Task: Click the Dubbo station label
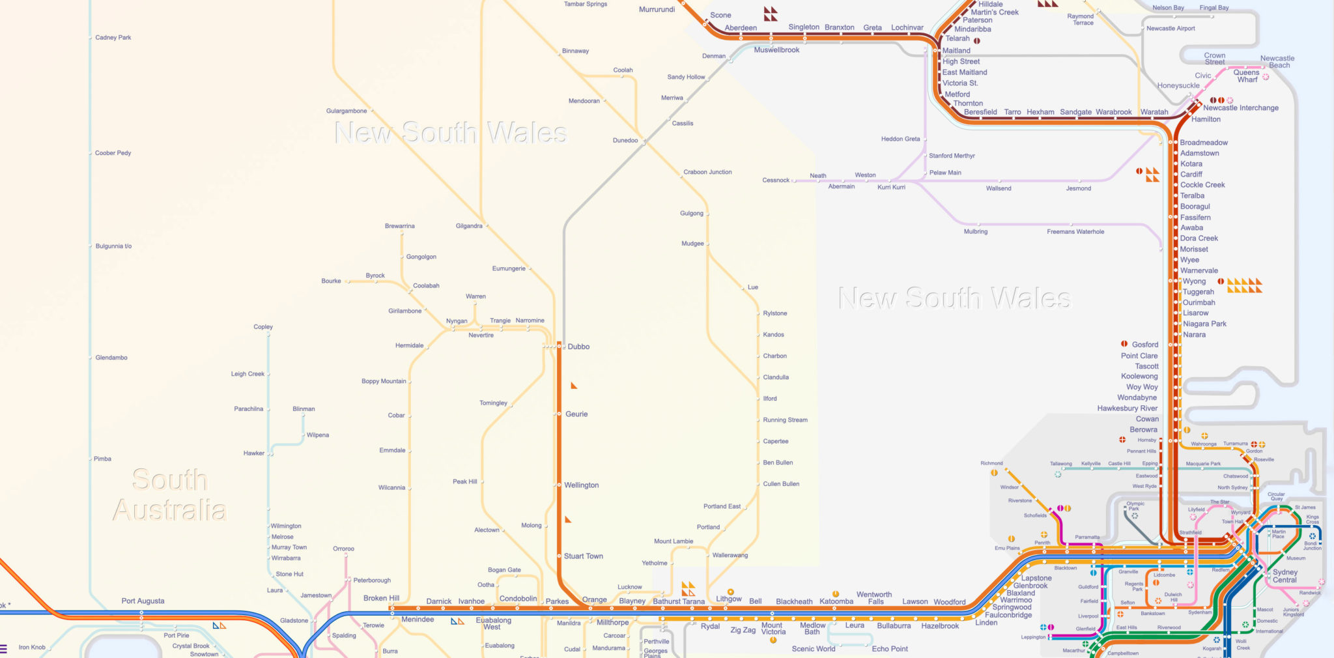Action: click(x=578, y=347)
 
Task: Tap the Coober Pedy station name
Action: click(x=113, y=153)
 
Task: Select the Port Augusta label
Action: click(x=143, y=601)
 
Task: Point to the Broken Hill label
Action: click(x=381, y=598)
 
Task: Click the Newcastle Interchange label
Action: click(x=1240, y=108)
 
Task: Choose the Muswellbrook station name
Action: click(x=776, y=50)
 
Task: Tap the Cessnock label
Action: click(x=775, y=180)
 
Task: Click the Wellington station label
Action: click(x=581, y=485)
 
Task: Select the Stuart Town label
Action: click(x=583, y=556)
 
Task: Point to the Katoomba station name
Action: click(x=836, y=601)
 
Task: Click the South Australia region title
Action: click(x=169, y=495)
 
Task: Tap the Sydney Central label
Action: click(x=1284, y=576)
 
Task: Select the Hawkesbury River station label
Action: click(x=1127, y=408)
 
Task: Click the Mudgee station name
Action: click(x=692, y=244)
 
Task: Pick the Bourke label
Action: click(x=331, y=281)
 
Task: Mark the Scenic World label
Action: click(x=813, y=649)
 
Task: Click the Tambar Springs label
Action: click(x=585, y=4)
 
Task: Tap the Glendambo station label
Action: click(x=111, y=358)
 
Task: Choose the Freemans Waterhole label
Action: click(x=1075, y=232)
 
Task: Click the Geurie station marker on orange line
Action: click(x=559, y=414)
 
